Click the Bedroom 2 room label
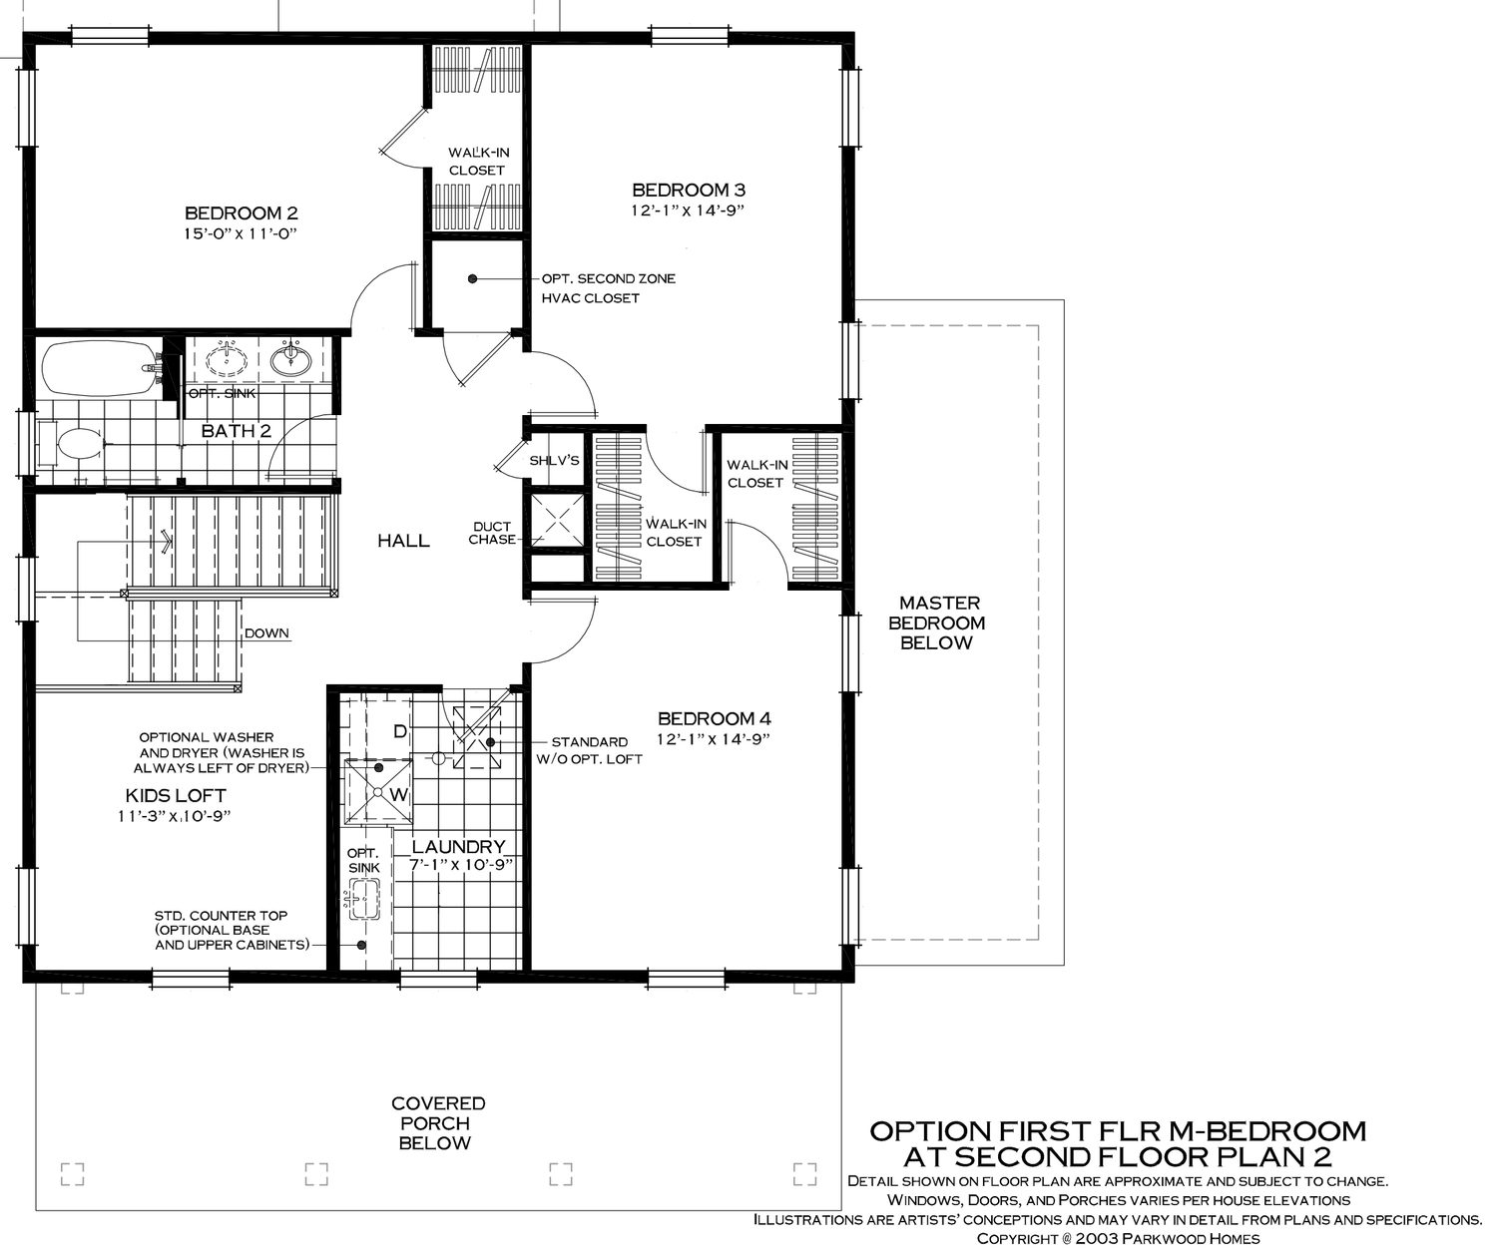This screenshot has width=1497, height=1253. tap(241, 212)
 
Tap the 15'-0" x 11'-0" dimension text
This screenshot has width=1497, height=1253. tap(241, 233)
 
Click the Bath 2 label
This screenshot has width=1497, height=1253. tap(236, 431)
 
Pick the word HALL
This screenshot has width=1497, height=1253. tap(403, 541)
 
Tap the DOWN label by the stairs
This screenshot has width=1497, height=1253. tap(266, 632)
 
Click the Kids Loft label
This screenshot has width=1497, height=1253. tap(176, 796)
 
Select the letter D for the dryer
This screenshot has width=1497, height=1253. tap(400, 731)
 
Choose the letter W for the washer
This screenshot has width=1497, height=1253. tap(399, 795)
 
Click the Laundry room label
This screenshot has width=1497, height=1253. tap(458, 847)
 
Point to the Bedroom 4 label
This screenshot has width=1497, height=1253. tap(715, 718)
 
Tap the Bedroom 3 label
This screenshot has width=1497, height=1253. tap(689, 190)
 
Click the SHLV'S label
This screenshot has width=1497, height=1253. tap(554, 460)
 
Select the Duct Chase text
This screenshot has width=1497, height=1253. tap(492, 534)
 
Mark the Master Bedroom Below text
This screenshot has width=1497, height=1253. tap(937, 623)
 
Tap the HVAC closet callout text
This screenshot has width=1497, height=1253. tap(608, 288)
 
